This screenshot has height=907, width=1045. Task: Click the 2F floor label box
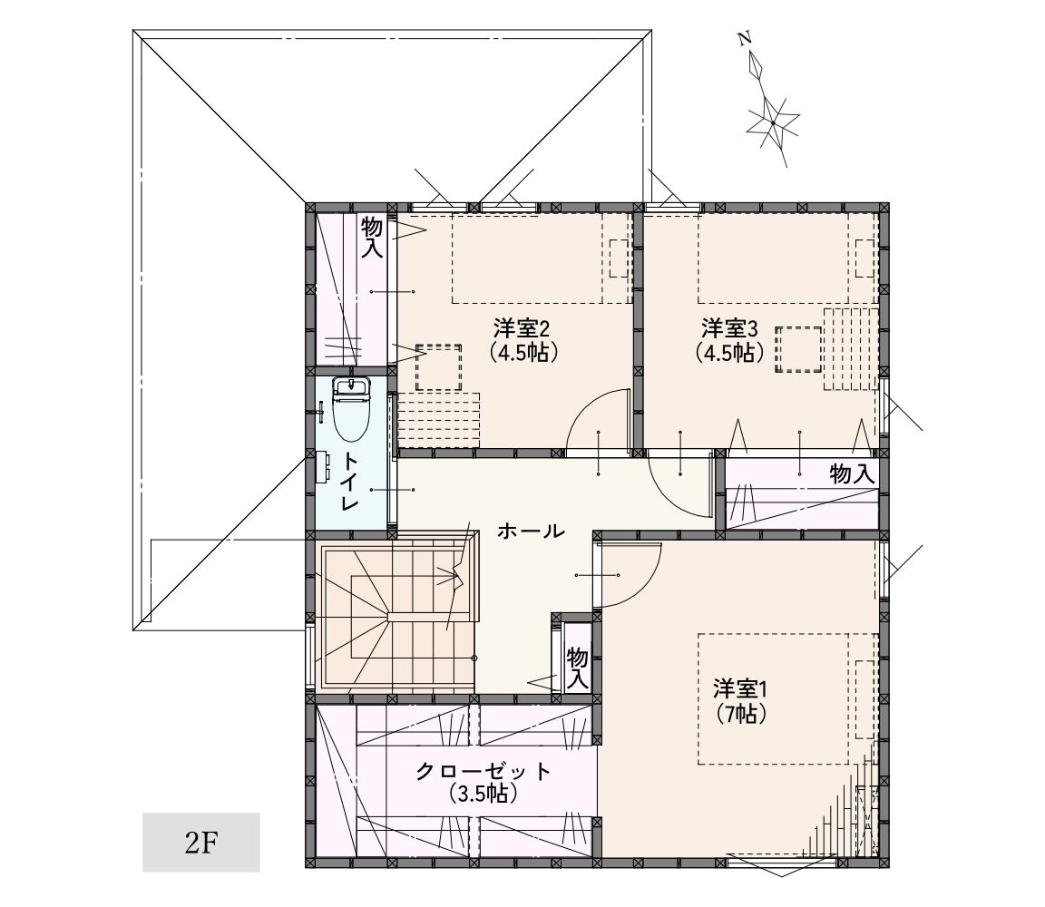point(200,842)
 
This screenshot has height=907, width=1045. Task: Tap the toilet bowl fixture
point(350,409)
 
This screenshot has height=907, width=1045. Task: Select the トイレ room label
point(350,481)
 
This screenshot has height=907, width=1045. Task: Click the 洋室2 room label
point(522,328)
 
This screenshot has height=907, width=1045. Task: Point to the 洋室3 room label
point(729,328)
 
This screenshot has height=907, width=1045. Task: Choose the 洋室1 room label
point(740,688)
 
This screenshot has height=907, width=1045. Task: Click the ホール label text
point(531,532)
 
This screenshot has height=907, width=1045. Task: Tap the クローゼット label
point(483,771)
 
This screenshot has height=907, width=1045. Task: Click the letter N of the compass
point(745,39)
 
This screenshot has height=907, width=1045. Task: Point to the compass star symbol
point(773,123)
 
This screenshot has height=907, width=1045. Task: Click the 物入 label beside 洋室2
point(372,238)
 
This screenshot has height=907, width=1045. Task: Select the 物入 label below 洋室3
point(852,473)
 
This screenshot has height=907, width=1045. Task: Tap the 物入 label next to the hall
point(577,668)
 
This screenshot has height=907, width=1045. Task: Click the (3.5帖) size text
point(483,794)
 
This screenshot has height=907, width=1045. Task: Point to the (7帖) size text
point(741,714)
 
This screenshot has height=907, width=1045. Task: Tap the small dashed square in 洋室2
point(438,367)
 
